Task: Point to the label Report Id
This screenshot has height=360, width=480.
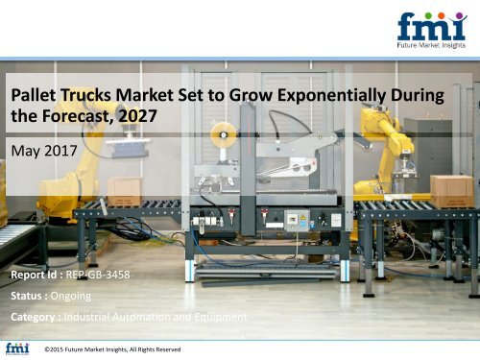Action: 36,274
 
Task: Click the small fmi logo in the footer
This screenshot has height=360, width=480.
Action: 16,348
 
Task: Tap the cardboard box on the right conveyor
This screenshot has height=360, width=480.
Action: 450,187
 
